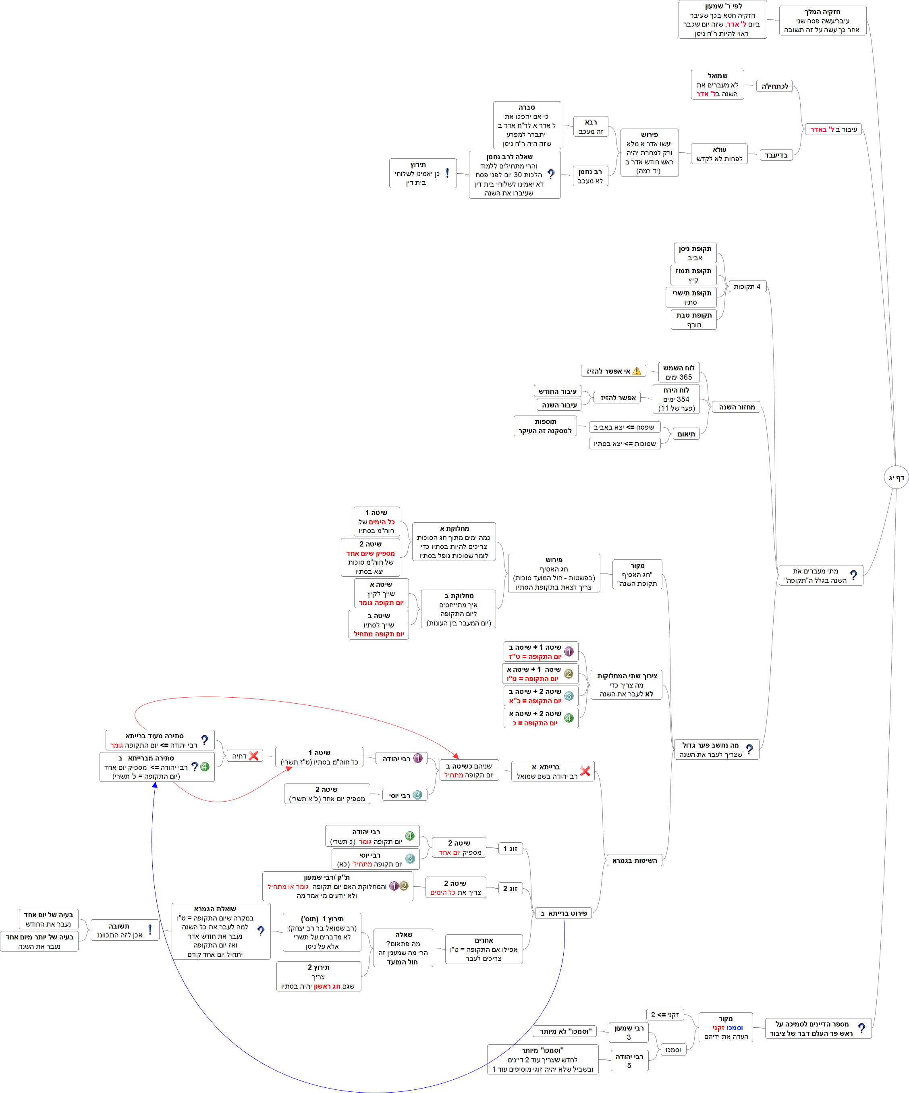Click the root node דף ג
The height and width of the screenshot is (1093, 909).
point(896,477)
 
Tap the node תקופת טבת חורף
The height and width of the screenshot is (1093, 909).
point(693,320)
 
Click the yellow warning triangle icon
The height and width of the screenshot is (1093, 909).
point(636,371)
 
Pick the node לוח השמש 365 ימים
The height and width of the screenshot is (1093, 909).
point(679,372)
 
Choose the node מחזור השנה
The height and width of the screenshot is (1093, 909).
point(736,407)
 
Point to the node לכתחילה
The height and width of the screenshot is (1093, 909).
point(774,86)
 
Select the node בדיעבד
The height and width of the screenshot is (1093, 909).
point(776,155)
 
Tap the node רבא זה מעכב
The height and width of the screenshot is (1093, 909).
point(591,127)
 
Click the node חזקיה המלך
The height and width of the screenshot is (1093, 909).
point(822,20)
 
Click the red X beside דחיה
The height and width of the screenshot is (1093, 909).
point(254,756)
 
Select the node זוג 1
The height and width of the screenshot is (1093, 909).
point(510,848)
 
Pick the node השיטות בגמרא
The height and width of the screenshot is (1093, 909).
point(634,860)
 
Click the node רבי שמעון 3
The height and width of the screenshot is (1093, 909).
point(629,1032)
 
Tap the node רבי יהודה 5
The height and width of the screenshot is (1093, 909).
point(629,1061)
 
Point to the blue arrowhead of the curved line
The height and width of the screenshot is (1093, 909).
point(155,785)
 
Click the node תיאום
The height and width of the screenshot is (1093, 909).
point(686,434)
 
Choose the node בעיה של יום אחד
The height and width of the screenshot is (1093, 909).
point(48,919)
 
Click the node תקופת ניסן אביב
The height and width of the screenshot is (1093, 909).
point(695,253)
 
